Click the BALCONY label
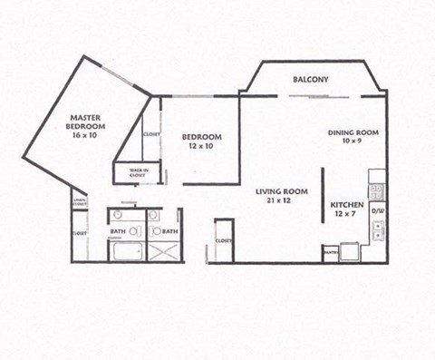point(310,80)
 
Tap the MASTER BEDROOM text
point(86,122)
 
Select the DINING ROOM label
point(353,132)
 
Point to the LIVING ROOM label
point(279,191)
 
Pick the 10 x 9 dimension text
point(353,141)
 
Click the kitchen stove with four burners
point(377,190)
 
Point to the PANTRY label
point(330,248)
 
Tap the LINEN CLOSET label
point(79,203)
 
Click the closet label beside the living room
point(223,240)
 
